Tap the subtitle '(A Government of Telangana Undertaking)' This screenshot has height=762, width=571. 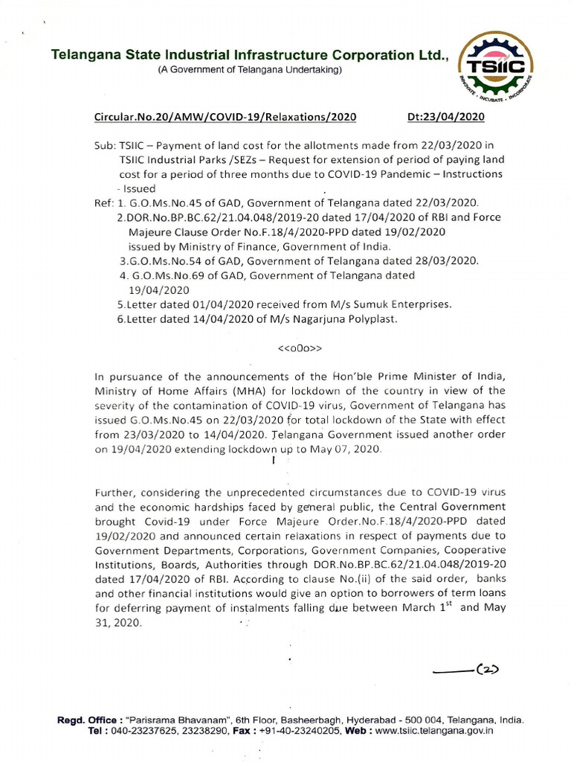pyautogui.click(x=249, y=70)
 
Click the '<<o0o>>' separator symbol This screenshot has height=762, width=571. pyautogui.click(x=300, y=348)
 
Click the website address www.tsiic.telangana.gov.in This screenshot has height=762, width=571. pyautogui.click(x=435, y=731)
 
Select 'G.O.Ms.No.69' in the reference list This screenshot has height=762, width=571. pyautogui.click(x=161, y=275)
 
